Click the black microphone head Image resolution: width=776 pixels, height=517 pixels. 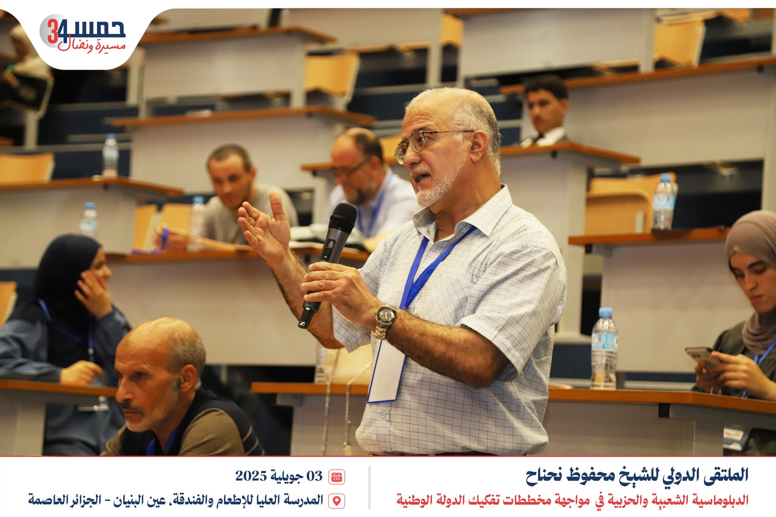pyautogui.click(x=342, y=217)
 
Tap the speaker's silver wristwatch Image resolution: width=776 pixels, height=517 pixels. pyautogui.click(x=386, y=320)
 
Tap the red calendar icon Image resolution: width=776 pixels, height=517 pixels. pyautogui.click(x=336, y=476)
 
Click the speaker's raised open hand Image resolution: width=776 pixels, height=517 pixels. pyautogui.click(x=265, y=227)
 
